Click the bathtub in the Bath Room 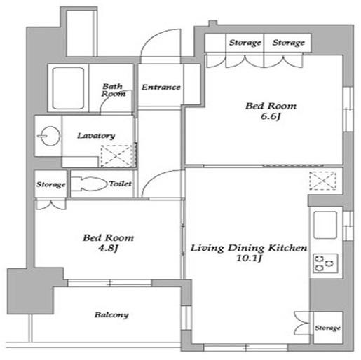coord(68,88)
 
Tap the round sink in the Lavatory coord(49,136)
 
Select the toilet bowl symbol coord(89,184)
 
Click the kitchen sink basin coord(325,225)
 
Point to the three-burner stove coord(325,263)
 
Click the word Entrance coord(161,88)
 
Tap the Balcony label coord(111,315)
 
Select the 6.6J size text coord(271,116)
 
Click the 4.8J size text coord(108,248)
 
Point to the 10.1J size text coord(249,258)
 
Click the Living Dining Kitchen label coord(249,248)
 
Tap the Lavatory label coord(96,136)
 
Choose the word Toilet coord(120,184)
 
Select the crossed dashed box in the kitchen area coord(323,181)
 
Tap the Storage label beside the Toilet coord(50,184)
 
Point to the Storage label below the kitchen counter coord(327,328)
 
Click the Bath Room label coord(114,90)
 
